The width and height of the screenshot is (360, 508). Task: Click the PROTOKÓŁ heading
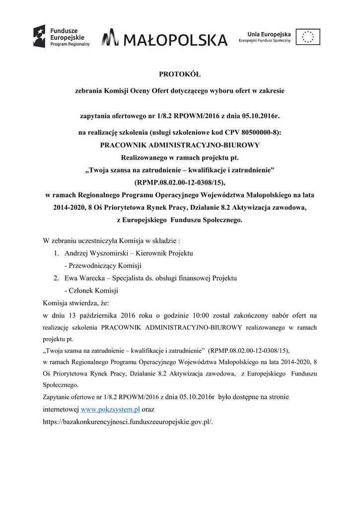tap(179, 75)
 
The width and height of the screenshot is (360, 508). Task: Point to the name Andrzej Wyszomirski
tap(94, 253)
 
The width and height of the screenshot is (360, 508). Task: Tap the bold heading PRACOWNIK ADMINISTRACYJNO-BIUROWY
tap(180, 145)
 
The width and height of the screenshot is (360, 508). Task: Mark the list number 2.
tap(57, 278)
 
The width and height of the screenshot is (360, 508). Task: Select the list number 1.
tap(57, 253)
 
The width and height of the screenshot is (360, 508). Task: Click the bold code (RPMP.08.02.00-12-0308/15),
tap(180, 183)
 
